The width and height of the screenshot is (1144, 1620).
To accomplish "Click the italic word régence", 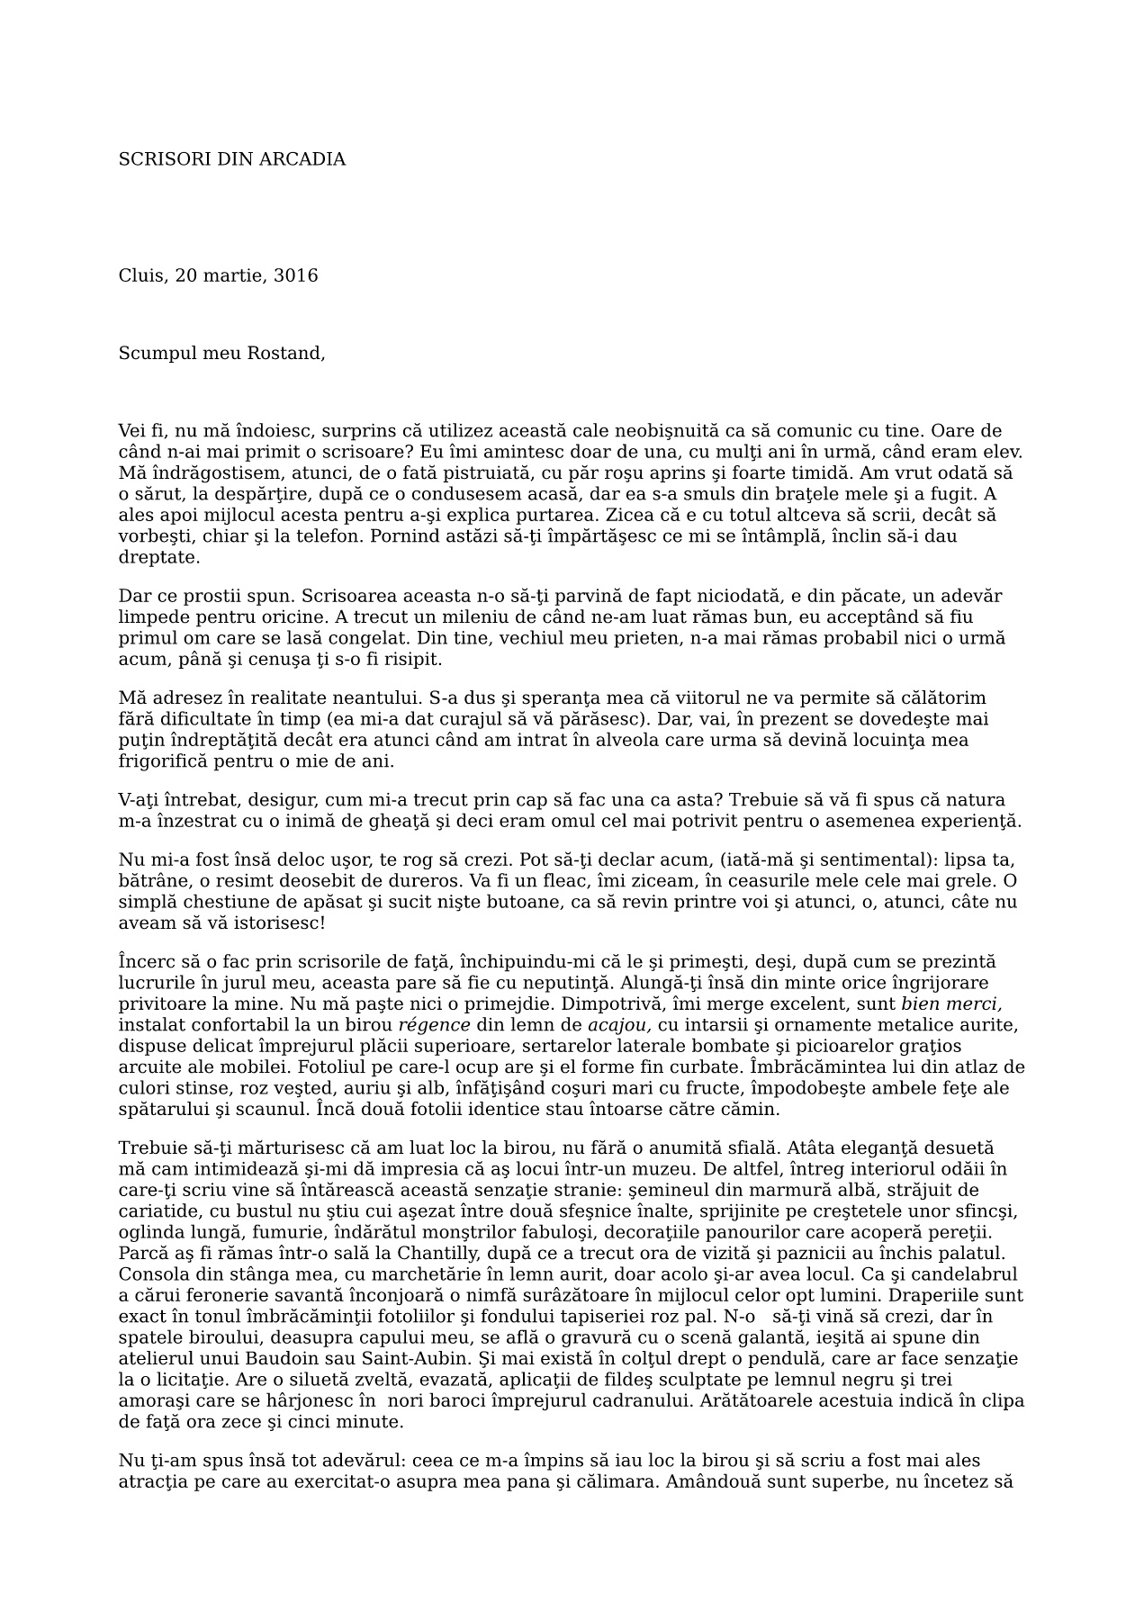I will click(434, 1025).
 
